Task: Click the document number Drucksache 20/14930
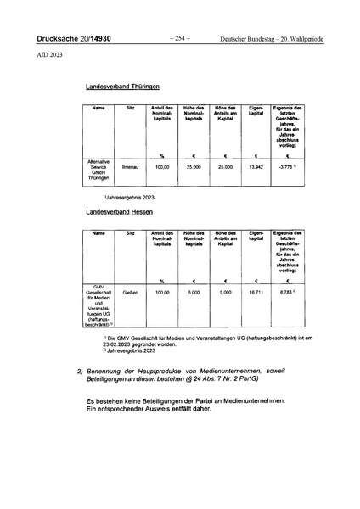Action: pyautogui.click(x=73, y=38)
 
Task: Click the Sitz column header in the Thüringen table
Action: pyautogui.click(x=130, y=108)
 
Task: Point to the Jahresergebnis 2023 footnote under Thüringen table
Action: pyautogui.click(x=127, y=197)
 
